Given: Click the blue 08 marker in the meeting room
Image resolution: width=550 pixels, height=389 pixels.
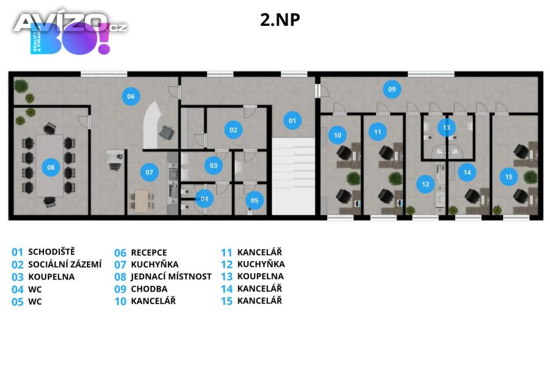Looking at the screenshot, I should tap(50, 167).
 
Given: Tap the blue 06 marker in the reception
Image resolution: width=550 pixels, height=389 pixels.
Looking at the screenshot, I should tap(131, 97).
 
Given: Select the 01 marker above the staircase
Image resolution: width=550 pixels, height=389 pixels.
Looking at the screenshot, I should tap(292, 120).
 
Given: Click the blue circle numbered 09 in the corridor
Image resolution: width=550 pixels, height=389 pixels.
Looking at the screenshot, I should tap(392, 89).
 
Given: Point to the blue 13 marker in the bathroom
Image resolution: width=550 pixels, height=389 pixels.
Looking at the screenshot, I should tap(446, 127).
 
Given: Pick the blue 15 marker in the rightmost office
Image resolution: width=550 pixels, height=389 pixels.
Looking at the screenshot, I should tap(509, 176).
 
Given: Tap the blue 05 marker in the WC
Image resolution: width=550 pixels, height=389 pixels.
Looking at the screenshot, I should tap(255, 200).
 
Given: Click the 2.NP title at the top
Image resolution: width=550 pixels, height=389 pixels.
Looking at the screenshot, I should tap(279, 20).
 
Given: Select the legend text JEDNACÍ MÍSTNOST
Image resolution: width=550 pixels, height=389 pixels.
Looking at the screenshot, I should tap(171, 277).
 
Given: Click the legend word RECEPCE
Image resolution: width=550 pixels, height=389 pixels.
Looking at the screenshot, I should tap(149, 253).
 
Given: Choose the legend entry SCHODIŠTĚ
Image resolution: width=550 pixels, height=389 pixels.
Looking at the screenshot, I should tap(52, 251).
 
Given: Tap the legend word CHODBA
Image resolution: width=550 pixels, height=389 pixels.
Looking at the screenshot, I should tap(149, 289).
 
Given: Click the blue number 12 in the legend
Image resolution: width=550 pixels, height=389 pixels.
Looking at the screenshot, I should tap(227, 264).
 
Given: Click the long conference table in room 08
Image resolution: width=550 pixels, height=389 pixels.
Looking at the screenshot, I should tap(49, 165).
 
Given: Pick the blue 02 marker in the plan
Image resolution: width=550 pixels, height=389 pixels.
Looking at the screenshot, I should tap(233, 129).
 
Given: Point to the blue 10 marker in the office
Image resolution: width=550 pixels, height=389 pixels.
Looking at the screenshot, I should tap(337, 135).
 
